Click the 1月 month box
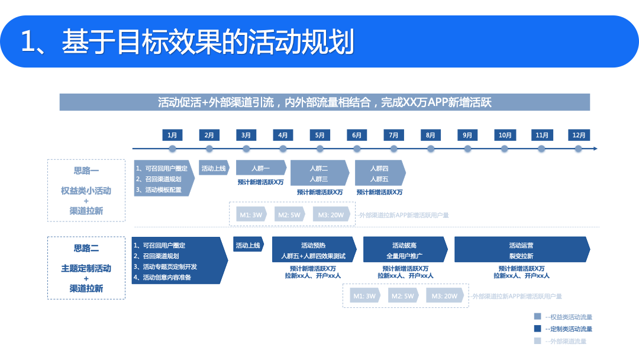tap(172, 135)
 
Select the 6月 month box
tap(357, 135)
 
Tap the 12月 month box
tap(579, 135)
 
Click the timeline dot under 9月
tap(467, 149)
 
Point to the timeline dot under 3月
tap(246, 149)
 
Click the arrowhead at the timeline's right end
tap(595, 149)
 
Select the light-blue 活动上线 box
tap(214, 169)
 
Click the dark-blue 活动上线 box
tap(248, 245)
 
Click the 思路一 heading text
tap(86, 171)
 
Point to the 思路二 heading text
tap(86, 248)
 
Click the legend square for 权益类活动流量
tap(537, 317)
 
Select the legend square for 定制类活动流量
tap(537, 329)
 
